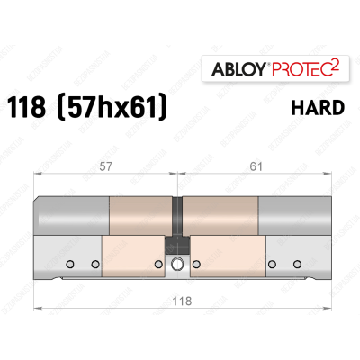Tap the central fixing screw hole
[178, 264]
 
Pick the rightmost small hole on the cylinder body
[296, 265]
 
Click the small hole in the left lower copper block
[159, 265]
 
